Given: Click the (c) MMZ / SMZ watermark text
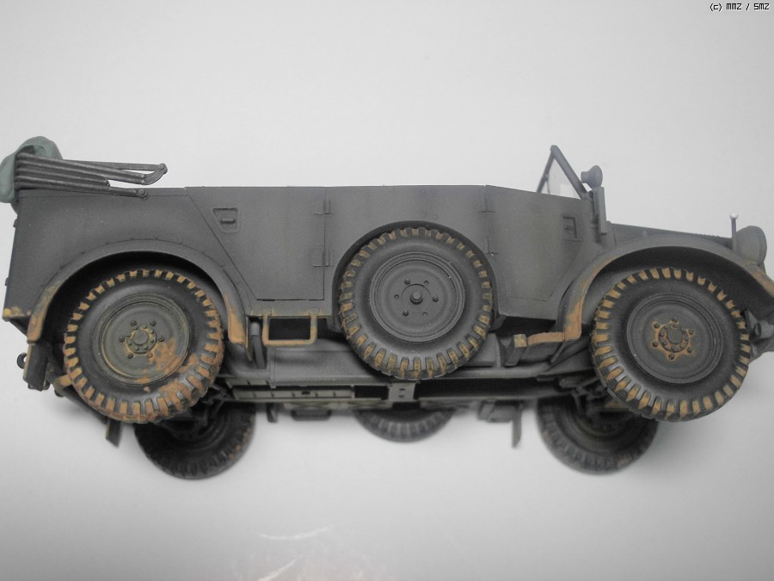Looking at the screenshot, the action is pos(739,7).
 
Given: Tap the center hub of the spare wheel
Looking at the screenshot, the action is pos(416,296).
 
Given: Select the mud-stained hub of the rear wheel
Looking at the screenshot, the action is pos(141,338).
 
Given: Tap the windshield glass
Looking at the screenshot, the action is pos(562,178).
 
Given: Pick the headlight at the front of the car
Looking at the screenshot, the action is pos(750,244).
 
